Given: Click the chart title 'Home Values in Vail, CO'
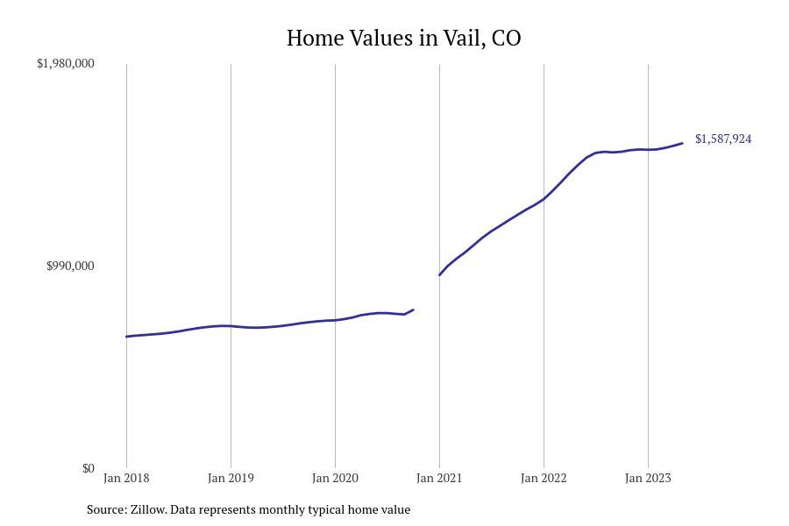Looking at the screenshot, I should tap(403, 39).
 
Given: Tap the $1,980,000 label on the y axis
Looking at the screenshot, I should tap(66, 63).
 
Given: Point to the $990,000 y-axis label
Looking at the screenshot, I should tap(70, 266).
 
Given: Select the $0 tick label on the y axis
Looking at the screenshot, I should tap(88, 468).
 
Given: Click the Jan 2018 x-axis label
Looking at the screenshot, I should tap(126, 478).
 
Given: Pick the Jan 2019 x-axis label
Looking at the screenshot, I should tap(231, 478).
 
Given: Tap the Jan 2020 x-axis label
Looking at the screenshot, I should tap(335, 478).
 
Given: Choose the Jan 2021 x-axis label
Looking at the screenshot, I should tap(439, 478).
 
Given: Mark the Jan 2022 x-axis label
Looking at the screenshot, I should tap(544, 478).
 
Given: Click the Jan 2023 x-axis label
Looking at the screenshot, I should tap(648, 478).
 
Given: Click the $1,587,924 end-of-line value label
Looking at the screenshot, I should tap(723, 139).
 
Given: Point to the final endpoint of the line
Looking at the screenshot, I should tap(682, 143).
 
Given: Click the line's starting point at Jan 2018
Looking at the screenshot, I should tap(126, 337).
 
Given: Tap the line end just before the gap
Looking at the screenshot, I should tap(413, 309).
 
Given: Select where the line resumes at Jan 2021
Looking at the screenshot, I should tap(439, 275).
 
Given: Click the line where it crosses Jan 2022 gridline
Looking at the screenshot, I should tap(544, 199).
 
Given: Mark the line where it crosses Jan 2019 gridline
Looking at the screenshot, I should tap(231, 326).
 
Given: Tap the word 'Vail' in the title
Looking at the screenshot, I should tap(461, 39).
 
